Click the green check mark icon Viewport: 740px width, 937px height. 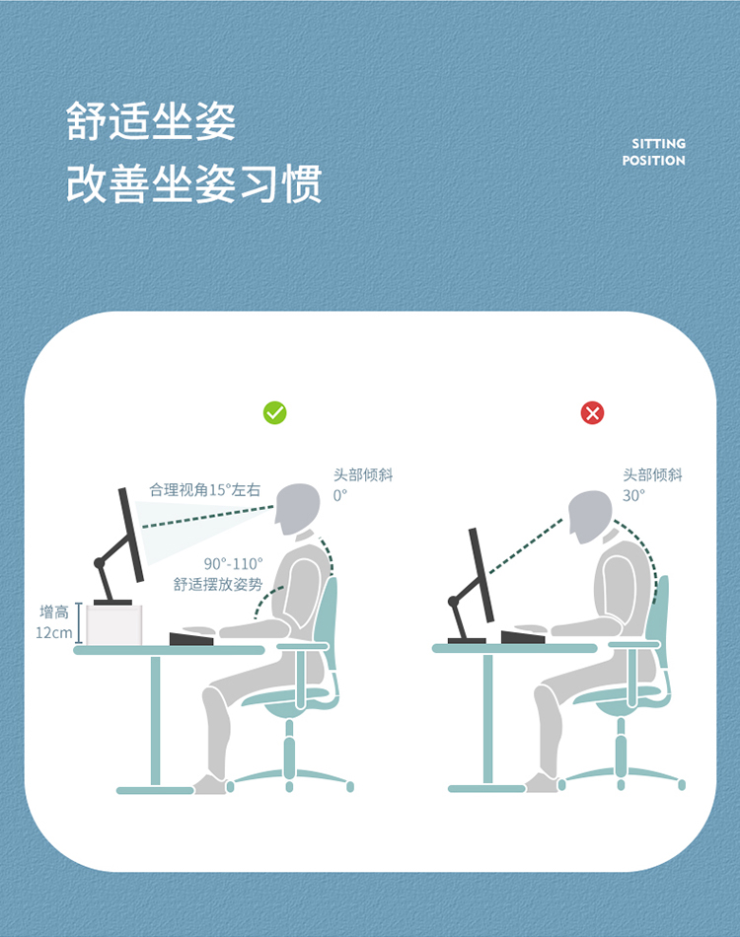(x=275, y=412)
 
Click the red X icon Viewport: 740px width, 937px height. (x=592, y=412)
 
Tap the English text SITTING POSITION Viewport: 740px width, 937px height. (x=654, y=152)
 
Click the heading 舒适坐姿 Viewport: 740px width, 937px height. (x=151, y=121)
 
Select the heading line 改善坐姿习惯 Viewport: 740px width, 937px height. (x=194, y=183)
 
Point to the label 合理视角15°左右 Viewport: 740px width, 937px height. (x=205, y=490)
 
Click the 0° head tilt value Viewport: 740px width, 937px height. (x=340, y=495)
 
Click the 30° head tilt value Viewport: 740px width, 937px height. (x=633, y=495)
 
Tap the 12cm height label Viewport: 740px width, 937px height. (x=54, y=632)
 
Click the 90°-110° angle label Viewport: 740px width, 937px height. (x=233, y=563)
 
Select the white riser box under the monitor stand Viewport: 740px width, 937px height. (x=114, y=625)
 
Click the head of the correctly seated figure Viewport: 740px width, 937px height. (x=297, y=508)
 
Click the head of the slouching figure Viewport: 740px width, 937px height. (x=590, y=516)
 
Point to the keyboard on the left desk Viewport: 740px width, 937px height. (x=191, y=638)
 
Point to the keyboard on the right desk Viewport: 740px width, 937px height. (x=523, y=637)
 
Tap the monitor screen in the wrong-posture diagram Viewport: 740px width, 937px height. (x=481, y=575)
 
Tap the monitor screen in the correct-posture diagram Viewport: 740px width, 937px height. (x=131, y=535)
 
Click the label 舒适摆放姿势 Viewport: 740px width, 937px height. (x=218, y=584)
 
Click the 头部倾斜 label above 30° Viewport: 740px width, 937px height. (x=652, y=475)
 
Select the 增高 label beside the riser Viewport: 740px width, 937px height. (x=54, y=612)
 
